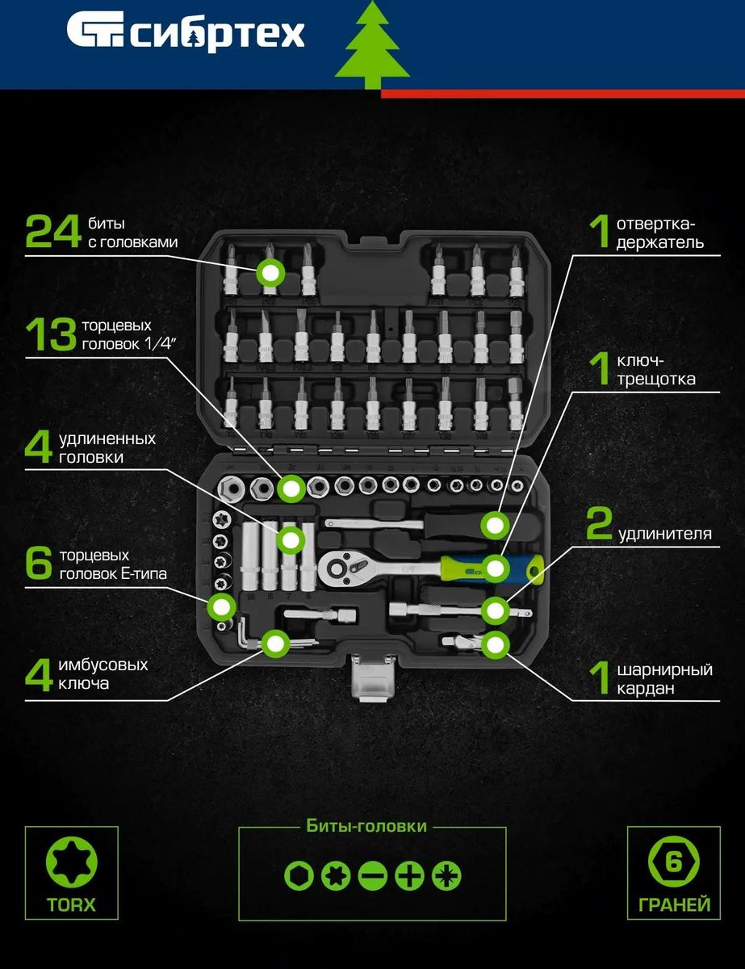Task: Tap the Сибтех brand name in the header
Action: click(x=217, y=35)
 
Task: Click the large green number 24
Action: click(x=53, y=231)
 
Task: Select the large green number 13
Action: click(x=51, y=334)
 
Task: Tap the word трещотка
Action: click(x=656, y=380)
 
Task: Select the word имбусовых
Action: click(x=103, y=665)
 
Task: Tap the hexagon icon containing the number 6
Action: click(x=673, y=862)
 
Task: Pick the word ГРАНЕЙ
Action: click(x=674, y=904)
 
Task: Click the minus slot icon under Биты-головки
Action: click(x=373, y=875)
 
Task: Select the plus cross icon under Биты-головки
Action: click(x=409, y=875)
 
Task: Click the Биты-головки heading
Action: click(x=366, y=826)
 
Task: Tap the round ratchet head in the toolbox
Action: click(x=337, y=568)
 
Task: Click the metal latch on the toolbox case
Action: click(x=372, y=677)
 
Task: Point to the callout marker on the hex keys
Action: click(x=275, y=644)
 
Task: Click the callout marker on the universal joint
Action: click(x=495, y=644)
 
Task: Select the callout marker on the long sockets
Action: click(x=291, y=540)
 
